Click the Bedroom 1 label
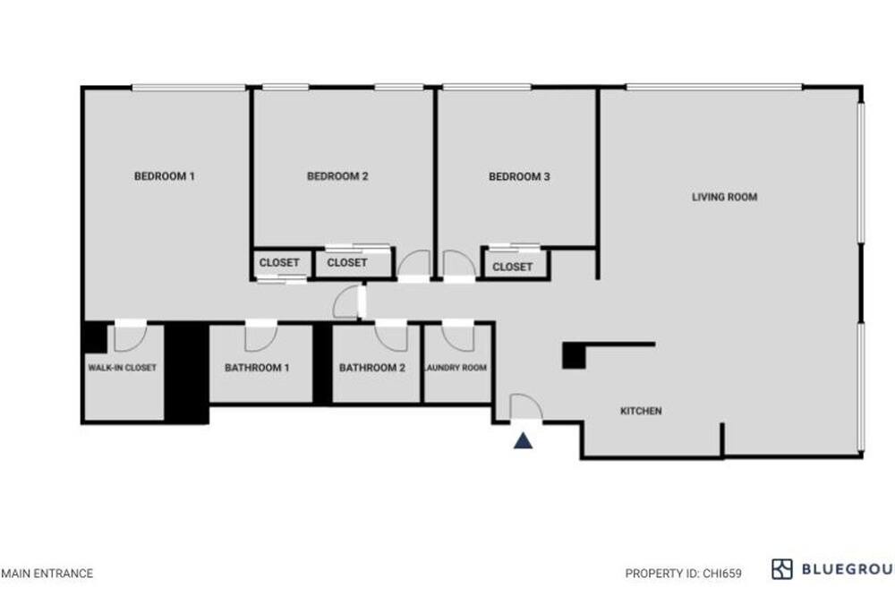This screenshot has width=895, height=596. tap(165, 176)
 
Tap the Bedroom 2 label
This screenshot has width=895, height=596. tap(337, 176)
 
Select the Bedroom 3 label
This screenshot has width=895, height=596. tap(519, 177)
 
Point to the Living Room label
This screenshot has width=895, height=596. tap(724, 197)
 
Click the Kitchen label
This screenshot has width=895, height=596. tap(641, 411)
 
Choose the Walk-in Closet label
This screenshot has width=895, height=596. tap(122, 368)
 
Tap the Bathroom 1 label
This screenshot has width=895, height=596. tap(257, 368)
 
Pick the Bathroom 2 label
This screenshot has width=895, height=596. tap(372, 368)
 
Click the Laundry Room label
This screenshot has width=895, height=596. tap(456, 368)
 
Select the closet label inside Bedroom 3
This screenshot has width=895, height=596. tap(512, 267)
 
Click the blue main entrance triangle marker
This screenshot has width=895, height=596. tap(523, 440)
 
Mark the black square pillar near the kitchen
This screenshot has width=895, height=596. tap(574, 355)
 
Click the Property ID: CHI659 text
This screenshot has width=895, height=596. tap(683, 573)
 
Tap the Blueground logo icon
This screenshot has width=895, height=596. tap(782, 569)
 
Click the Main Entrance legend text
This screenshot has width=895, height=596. tap(47, 573)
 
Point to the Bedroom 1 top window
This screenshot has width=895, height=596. tap(189, 88)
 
